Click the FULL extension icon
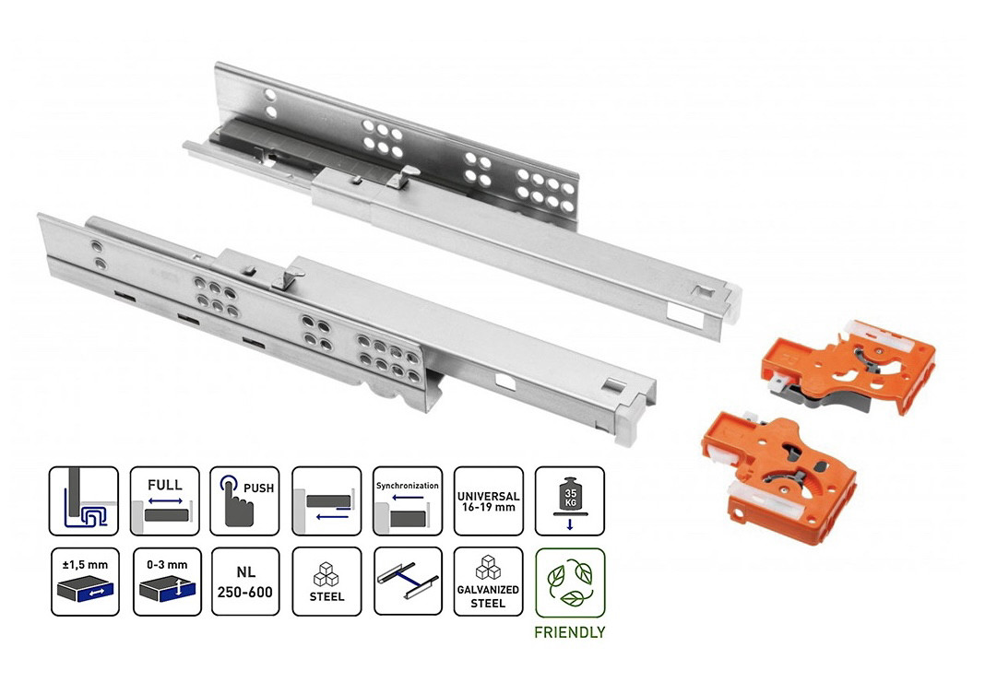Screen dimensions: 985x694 click(x=164, y=500)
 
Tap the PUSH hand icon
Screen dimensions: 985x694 click(x=244, y=500)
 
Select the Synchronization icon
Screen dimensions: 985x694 click(x=407, y=500)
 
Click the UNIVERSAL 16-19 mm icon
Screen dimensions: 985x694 click(x=488, y=500)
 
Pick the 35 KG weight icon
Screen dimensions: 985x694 click(x=569, y=500)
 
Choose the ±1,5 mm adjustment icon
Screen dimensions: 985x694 click(x=85, y=582)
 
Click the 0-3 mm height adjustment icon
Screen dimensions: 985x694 click(x=166, y=582)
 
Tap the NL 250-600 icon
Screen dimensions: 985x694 click(x=245, y=582)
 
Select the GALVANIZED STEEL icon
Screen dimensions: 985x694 click(x=488, y=582)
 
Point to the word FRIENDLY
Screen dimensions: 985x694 click(x=570, y=632)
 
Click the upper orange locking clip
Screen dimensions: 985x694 click(x=849, y=367)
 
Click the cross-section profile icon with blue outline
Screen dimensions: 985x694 click(x=84, y=500)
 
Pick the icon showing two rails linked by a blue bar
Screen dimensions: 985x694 click(x=407, y=582)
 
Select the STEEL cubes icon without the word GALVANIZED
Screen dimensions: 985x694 click(x=326, y=582)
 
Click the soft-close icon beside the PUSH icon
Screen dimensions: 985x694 click(x=326, y=500)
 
